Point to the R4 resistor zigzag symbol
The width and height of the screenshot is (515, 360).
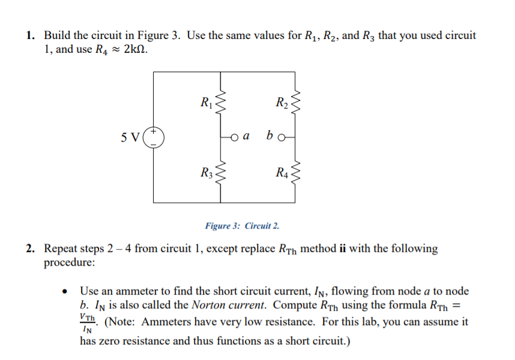294,174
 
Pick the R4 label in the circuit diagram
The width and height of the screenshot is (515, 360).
280,175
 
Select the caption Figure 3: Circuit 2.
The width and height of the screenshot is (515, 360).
241,226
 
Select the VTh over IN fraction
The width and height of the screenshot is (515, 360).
89,322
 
